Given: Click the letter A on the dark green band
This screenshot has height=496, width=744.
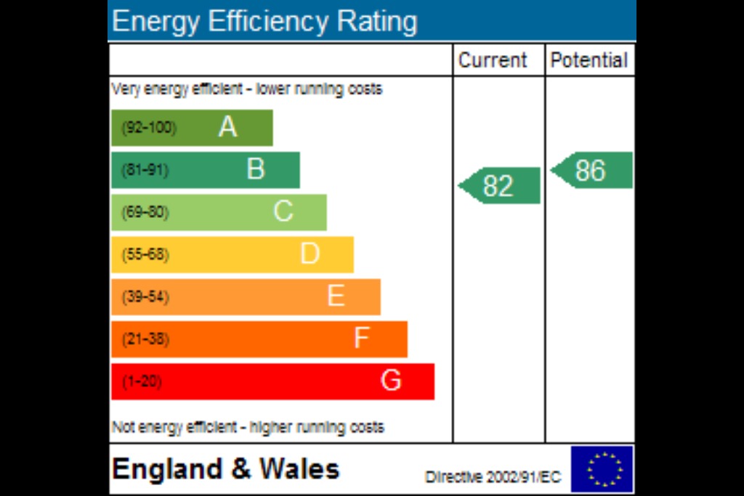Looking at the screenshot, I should pyautogui.click(x=227, y=128).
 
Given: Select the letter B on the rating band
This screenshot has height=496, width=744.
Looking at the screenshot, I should pyautogui.click(x=256, y=170).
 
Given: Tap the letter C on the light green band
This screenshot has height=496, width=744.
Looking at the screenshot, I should pyautogui.click(x=283, y=212).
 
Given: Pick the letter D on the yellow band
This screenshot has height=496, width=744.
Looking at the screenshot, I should pyautogui.click(x=310, y=254).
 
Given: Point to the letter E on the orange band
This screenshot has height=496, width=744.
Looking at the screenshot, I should pyautogui.click(x=336, y=296).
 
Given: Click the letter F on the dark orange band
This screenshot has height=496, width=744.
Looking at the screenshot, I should pyautogui.click(x=361, y=338).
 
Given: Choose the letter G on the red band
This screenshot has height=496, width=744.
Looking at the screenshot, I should pyautogui.click(x=391, y=381).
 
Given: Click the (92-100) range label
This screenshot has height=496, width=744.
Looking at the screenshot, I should pyautogui.click(x=148, y=128).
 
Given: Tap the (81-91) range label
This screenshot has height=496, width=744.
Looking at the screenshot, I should pyautogui.click(x=145, y=170).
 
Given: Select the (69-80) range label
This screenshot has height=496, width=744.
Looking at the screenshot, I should pyautogui.click(x=145, y=213).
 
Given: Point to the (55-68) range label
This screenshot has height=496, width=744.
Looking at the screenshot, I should pyautogui.click(x=145, y=255).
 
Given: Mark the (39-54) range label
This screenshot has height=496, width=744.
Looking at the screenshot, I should pyautogui.click(x=145, y=297).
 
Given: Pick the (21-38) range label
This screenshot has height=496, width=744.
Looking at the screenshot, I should pyautogui.click(x=145, y=339).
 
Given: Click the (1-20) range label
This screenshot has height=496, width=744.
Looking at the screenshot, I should pyautogui.click(x=141, y=381).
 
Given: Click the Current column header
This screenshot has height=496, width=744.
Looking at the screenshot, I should pyautogui.click(x=493, y=60).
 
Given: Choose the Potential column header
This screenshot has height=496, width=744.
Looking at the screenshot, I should pyautogui.click(x=589, y=60).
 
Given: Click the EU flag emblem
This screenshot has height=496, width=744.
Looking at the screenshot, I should pyautogui.click(x=602, y=469).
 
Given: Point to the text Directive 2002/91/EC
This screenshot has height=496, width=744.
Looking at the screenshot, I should pyautogui.click(x=493, y=477).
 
